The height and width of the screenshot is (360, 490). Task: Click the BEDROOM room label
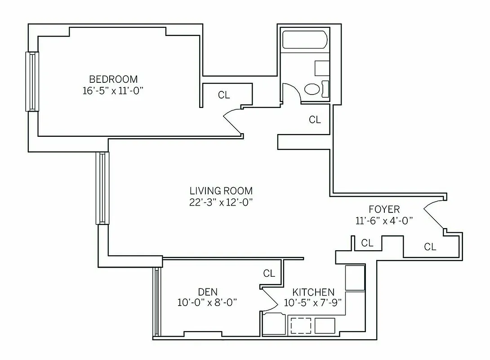point(113,79)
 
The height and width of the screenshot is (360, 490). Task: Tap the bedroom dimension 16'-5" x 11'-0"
point(113,90)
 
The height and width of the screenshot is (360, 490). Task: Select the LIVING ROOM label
point(221,191)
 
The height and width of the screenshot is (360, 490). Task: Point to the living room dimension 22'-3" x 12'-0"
point(221,202)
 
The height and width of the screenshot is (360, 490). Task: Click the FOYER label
point(384,209)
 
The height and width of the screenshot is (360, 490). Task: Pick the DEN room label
point(207,291)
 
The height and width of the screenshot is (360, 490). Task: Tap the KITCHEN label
point(313,292)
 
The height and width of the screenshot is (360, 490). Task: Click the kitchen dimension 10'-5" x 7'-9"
point(313,302)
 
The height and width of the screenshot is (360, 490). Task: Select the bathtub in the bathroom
point(304,40)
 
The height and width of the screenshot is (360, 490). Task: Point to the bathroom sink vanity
point(322,68)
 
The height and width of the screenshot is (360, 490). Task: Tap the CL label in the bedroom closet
point(224,95)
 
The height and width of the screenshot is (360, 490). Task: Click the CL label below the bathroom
point(315,120)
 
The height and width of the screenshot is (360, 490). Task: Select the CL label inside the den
point(269,273)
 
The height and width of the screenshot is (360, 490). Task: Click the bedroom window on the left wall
point(32,81)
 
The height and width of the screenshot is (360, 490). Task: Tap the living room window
point(102,188)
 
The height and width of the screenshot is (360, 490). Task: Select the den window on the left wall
point(156,302)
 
